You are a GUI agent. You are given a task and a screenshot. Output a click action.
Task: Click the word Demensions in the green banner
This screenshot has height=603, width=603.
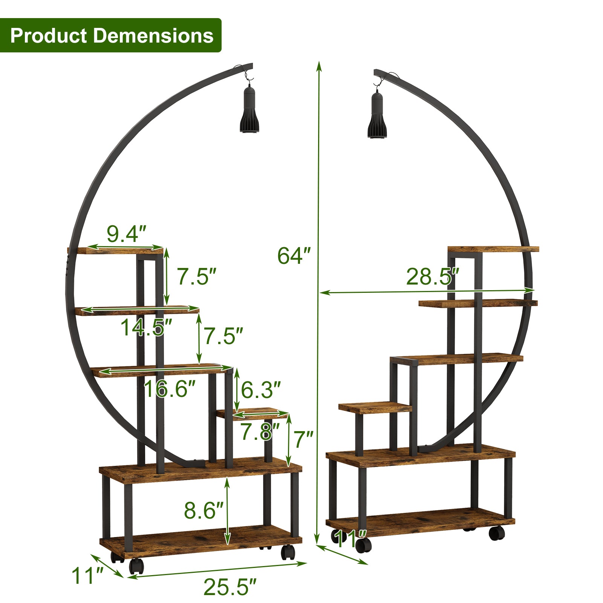pyautogui.click(x=153, y=36)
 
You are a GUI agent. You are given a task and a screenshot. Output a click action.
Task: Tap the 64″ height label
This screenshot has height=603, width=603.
pyautogui.click(x=294, y=256)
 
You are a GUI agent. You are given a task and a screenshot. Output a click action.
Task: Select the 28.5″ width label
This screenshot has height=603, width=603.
pyautogui.click(x=433, y=277)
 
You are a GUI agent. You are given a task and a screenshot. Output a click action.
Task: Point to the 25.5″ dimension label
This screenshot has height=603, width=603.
pyautogui.click(x=230, y=587)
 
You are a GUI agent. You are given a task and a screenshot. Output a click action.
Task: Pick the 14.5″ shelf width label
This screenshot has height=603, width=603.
pyautogui.click(x=146, y=327)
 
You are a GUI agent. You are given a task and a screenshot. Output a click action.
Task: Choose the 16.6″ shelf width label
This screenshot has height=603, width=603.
pyautogui.click(x=170, y=389)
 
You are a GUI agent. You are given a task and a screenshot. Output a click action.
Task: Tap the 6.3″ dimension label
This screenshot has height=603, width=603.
pyautogui.click(x=261, y=390)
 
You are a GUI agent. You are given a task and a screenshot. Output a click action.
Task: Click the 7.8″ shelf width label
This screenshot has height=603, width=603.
pyautogui.click(x=260, y=432)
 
